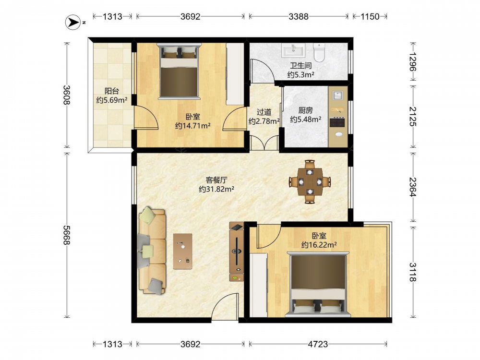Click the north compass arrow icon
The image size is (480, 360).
pyautogui.click(x=74, y=22)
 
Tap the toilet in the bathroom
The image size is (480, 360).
pyautogui.click(x=319, y=52)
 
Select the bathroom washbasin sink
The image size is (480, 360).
pyautogui.click(x=294, y=50)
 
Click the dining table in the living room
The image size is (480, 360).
pyautogui.click(x=310, y=182)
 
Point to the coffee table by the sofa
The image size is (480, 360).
pyautogui.click(x=183, y=252)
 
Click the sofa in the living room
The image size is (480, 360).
pyautogui.click(x=152, y=250)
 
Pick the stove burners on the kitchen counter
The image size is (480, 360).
pyautogui.click(x=337, y=122)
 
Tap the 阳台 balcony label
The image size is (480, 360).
pyautogui.click(x=112, y=91)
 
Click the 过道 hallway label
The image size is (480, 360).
pyautogui.click(x=264, y=112)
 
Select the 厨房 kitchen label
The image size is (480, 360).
pyautogui.click(x=305, y=110)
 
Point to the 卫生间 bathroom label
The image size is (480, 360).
pyautogui.click(x=301, y=65)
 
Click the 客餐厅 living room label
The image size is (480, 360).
pyautogui.click(x=216, y=180)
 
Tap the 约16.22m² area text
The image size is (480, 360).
pyautogui.click(x=319, y=245)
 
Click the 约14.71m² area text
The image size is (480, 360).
pyautogui.click(x=193, y=125)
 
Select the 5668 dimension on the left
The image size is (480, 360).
pyautogui.click(x=66, y=235)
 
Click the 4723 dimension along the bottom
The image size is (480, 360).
pyautogui.click(x=318, y=344)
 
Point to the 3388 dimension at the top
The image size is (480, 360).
pyautogui.click(x=299, y=16)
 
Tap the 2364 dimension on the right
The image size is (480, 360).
pyautogui.click(x=412, y=187)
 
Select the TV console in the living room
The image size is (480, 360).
pyautogui.click(x=237, y=252)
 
